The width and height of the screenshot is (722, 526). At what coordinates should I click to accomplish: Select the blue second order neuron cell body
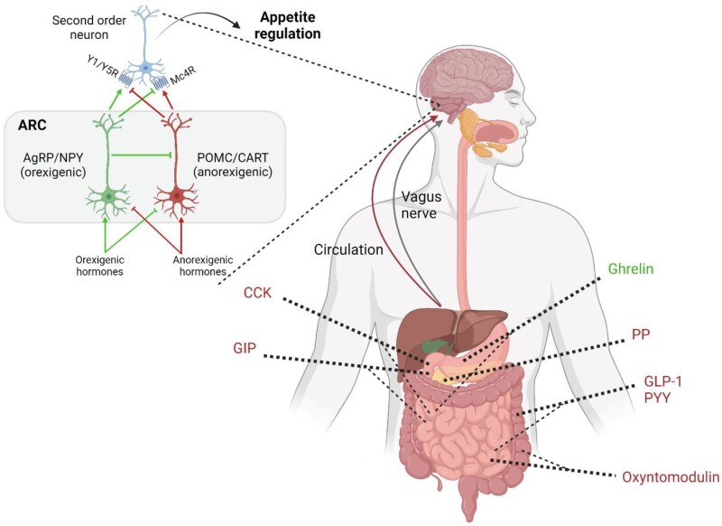tap(143, 68)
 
